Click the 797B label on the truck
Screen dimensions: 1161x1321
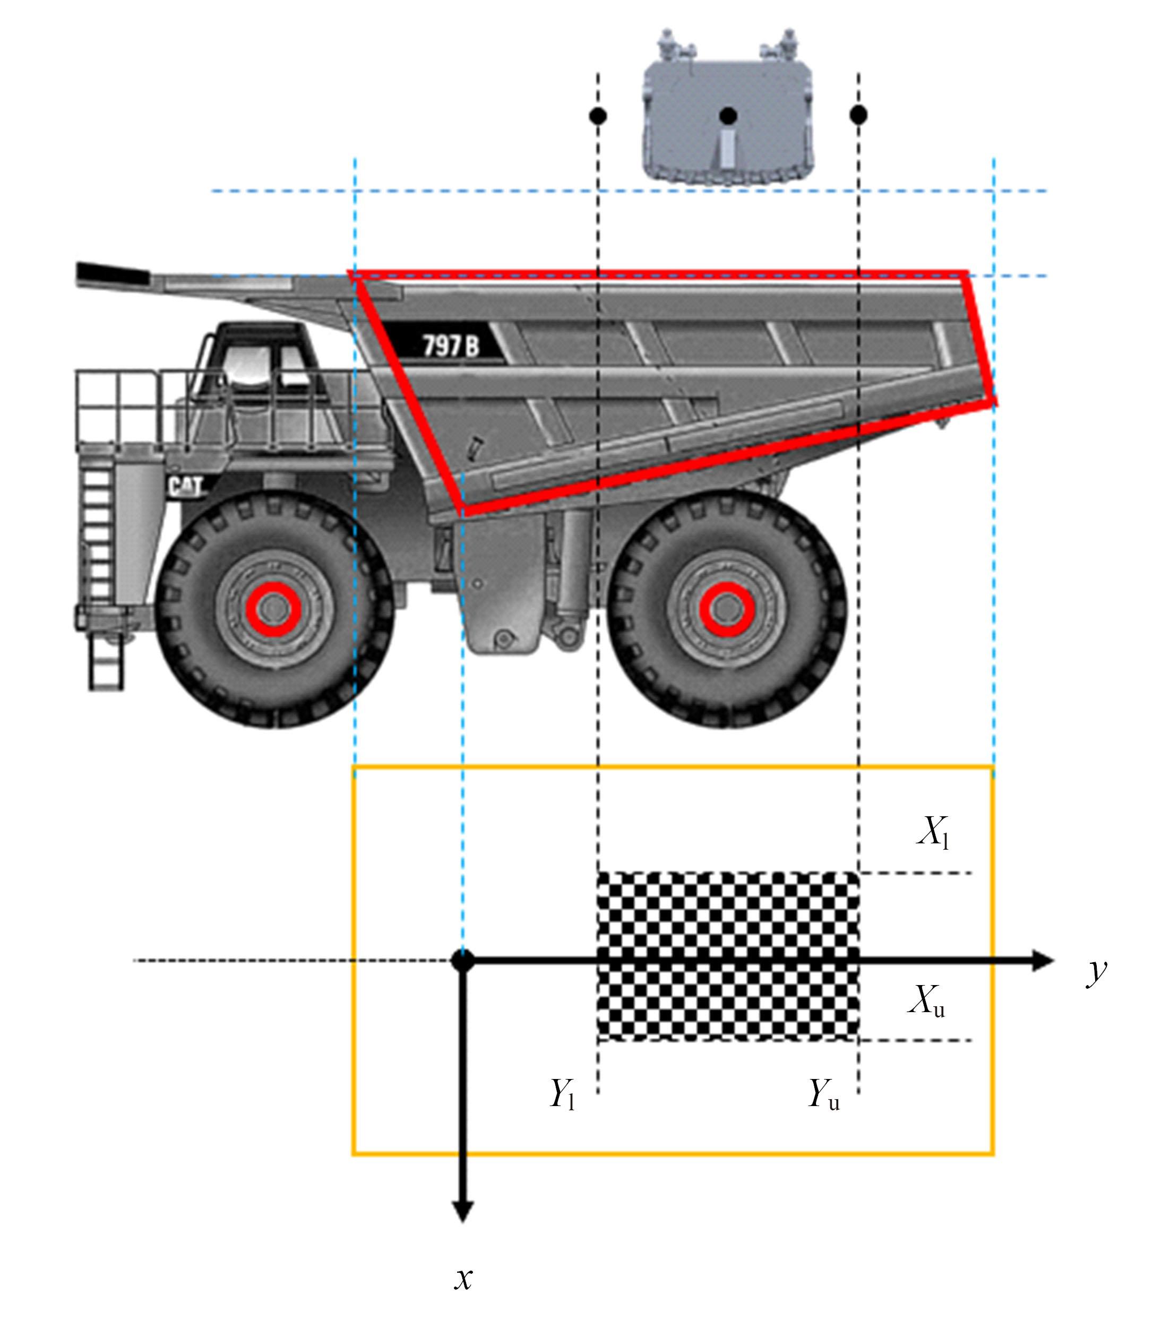click(x=451, y=346)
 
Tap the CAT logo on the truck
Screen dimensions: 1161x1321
click(x=185, y=486)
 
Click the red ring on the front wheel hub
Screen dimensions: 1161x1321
click(x=273, y=609)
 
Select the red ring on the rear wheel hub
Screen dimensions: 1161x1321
click(x=727, y=609)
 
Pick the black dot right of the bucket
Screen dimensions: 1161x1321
click(x=858, y=115)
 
